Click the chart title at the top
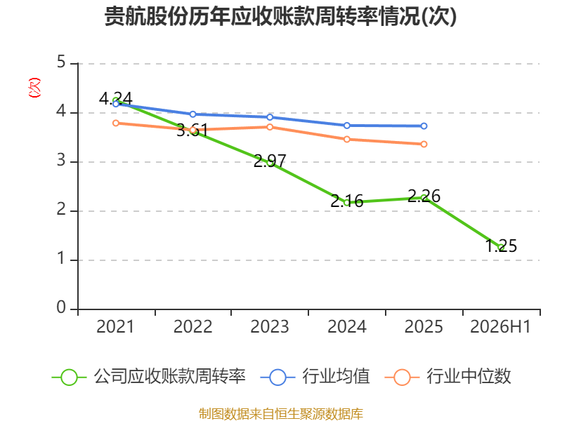280,16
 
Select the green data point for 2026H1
501,248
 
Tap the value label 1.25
501,246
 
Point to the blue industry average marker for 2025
424,126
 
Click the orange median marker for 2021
116,123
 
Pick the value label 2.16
346,201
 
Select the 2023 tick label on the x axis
270,326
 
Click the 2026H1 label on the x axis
500,326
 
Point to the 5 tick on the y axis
61,62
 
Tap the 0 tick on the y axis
61,307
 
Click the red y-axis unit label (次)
34,88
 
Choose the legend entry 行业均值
315,377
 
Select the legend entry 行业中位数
447,377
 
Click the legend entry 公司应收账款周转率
149,377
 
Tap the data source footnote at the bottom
280,413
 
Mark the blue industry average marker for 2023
270,117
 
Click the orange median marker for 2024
346,139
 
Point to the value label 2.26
424,196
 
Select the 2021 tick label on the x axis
115,326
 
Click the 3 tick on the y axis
61,160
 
